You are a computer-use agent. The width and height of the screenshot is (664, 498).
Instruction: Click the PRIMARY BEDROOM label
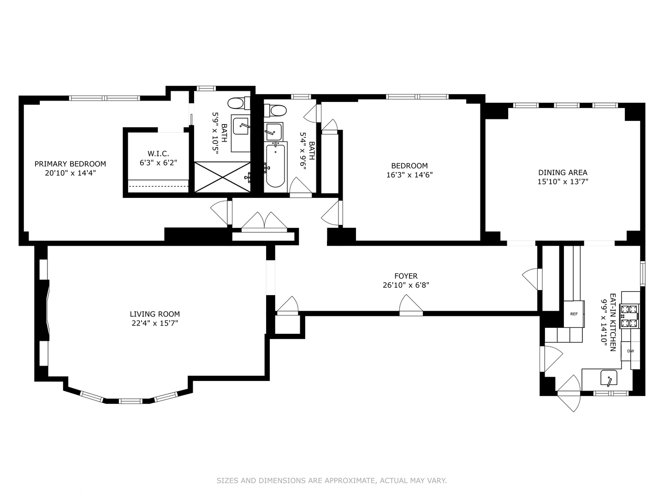click(x=70, y=164)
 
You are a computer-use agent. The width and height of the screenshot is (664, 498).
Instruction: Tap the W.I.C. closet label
click(x=158, y=154)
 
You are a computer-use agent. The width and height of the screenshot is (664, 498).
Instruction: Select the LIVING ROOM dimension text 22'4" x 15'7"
click(x=154, y=323)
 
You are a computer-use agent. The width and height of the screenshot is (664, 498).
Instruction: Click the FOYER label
click(x=406, y=276)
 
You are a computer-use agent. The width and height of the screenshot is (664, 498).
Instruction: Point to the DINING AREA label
click(x=563, y=172)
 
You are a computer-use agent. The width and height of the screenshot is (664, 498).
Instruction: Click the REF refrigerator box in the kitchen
click(x=574, y=314)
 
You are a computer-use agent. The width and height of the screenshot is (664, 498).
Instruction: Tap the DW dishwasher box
click(x=630, y=351)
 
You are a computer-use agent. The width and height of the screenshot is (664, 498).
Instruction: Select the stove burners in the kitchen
click(x=629, y=316)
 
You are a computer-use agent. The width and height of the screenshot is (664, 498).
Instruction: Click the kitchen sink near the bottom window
click(x=610, y=379)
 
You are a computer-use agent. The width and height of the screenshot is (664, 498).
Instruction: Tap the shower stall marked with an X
click(x=222, y=177)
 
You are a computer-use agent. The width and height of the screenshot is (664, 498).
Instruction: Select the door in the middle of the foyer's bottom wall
click(x=411, y=306)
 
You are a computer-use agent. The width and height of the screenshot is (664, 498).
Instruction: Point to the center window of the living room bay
click(x=131, y=401)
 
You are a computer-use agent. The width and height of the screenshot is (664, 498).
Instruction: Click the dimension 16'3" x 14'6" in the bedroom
click(x=409, y=175)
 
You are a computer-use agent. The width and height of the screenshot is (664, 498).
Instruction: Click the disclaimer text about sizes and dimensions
click(x=332, y=480)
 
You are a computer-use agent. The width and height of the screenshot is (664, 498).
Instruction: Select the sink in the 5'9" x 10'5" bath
click(x=241, y=126)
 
